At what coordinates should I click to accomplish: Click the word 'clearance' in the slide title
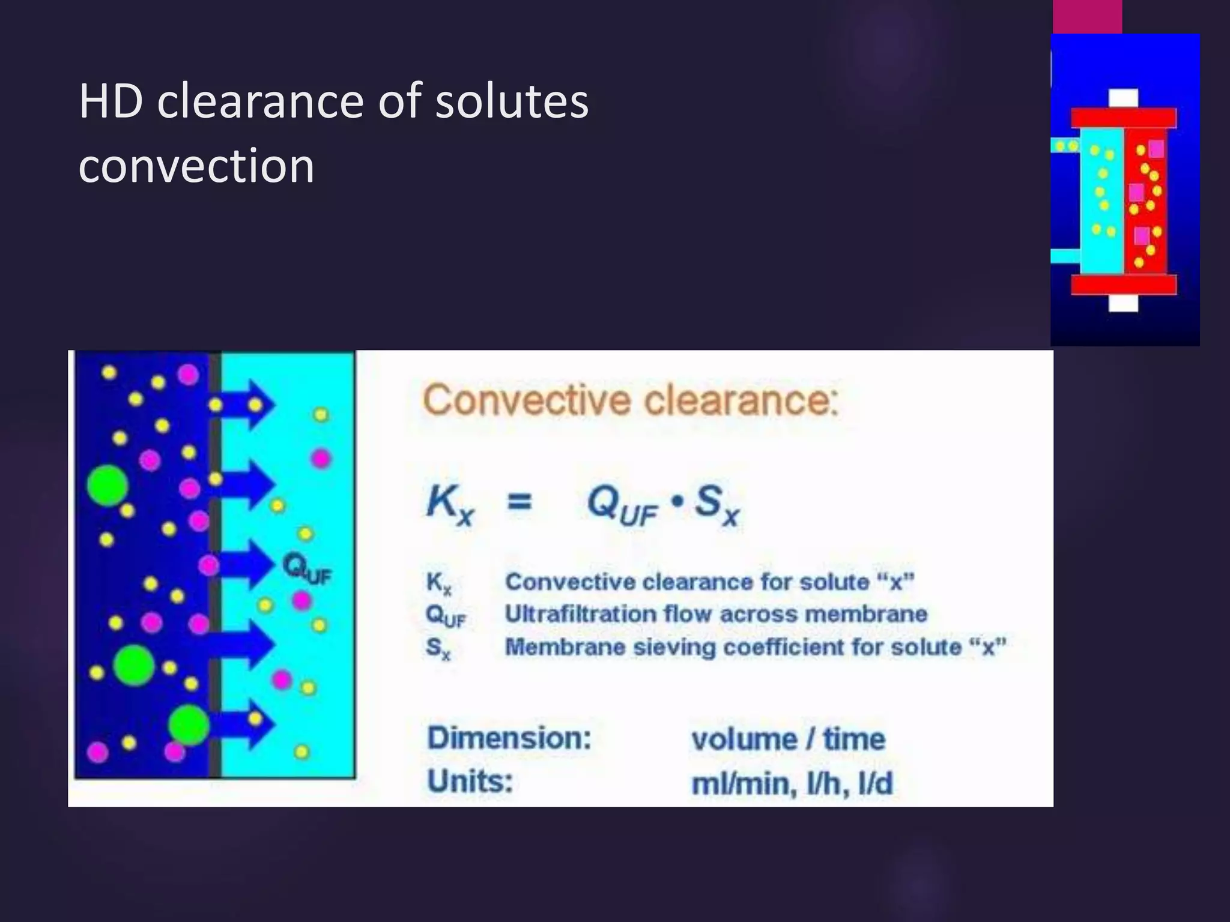click(x=262, y=101)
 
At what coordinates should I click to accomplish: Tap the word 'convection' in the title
click(x=196, y=165)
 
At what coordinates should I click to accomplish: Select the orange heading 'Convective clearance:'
click(x=630, y=400)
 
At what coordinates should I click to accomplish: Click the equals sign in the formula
click(x=520, y=501)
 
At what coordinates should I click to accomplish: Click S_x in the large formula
click(x=716, y=504)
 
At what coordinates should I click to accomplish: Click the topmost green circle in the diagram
click(x=108, y=485)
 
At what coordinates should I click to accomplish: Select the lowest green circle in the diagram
click(x=189, y=725)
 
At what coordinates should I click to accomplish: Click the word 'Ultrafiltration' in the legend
click(x=580, y=614)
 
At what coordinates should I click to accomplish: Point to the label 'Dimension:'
click(x=509, y=738)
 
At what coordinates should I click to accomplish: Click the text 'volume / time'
click(x=788, y=739)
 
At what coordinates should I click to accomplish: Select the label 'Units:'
click(x=470, y=782)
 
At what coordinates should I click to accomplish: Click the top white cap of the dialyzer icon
click(x=1123, y=98)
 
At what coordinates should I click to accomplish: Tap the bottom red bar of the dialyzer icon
click(x=1123, y=285)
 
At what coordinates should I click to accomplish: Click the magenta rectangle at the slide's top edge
click(x=1087, y=17)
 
